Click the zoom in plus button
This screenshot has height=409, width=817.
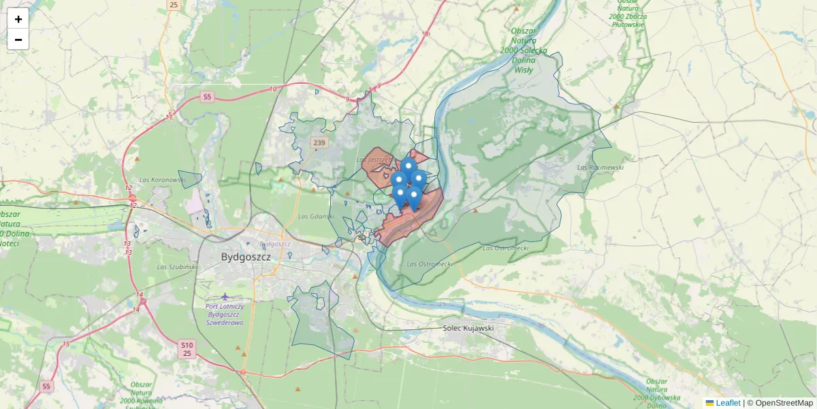18,19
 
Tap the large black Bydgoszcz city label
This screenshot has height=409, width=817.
245,257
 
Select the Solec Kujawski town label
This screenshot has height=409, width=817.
468,328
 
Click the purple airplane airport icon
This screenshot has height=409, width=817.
225,297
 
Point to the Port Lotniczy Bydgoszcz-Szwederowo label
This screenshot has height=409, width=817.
225,314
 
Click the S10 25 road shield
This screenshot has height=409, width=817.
187,349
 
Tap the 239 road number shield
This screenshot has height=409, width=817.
319,142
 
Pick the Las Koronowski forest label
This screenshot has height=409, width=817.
161,180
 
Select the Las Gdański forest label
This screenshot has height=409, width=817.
316,216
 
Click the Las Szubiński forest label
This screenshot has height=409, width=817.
176,267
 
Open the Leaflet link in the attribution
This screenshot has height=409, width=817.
727,403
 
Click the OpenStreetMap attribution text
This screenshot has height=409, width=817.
784,403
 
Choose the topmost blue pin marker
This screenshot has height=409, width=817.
408,166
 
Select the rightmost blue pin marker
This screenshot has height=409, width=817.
419,179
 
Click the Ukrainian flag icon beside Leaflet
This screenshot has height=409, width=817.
709,403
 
